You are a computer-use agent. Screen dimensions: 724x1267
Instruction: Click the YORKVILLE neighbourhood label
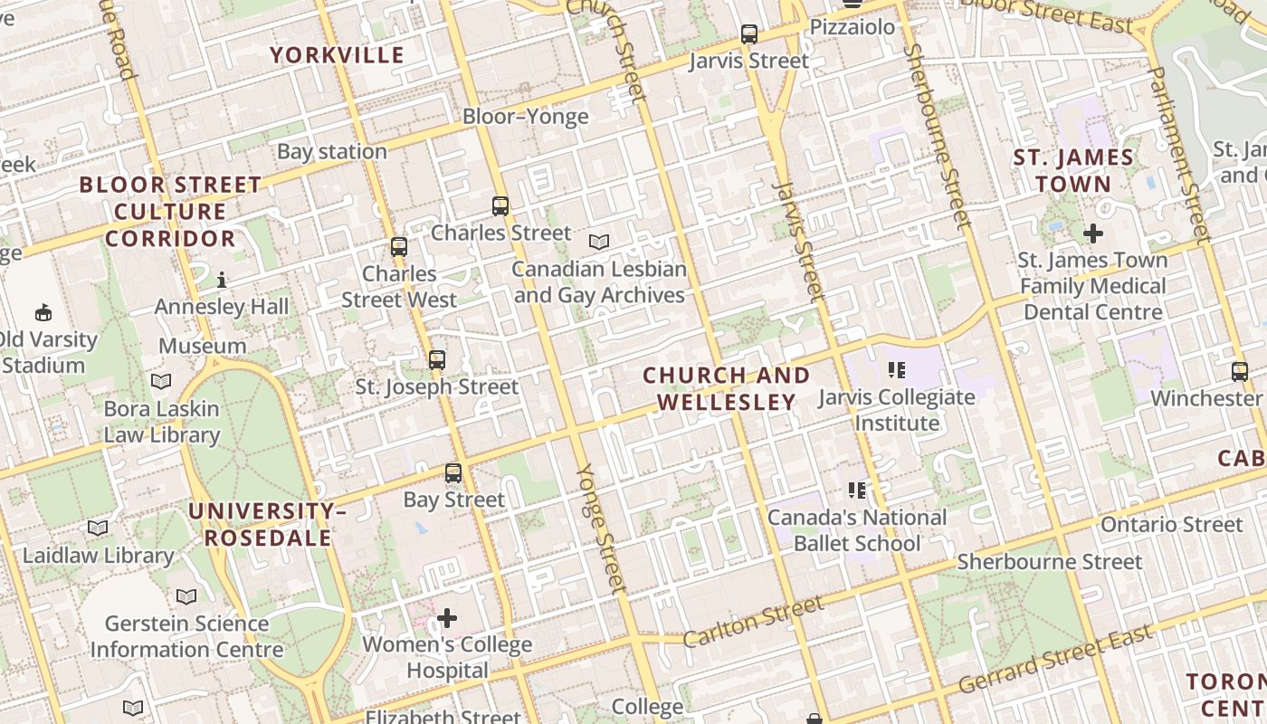click(x=337, y=55)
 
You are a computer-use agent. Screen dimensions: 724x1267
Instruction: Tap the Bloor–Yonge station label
click(x=525, y=117)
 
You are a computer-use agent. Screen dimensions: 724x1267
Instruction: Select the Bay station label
click(x=331, y=152)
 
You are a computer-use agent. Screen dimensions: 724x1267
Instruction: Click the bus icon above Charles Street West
click(x=398, y=247)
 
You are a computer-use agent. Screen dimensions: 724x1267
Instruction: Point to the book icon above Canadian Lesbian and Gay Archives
click(x=598, y=243)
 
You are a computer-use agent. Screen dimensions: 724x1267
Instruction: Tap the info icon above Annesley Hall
click(x=222, y=281)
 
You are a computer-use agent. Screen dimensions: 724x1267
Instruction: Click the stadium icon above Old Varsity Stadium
click(x=43, y=313)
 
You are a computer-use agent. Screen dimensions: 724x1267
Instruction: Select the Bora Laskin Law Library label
click(x=161, y=422)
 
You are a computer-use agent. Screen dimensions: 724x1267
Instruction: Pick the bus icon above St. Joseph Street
click(x=437, y=360)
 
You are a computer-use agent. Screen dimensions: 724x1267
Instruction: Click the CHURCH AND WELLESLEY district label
click(x=726, y=388)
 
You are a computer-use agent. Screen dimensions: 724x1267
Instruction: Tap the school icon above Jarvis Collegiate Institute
click(x=896, y=369)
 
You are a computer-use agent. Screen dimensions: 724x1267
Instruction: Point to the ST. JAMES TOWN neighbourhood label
click(x=1072, y=170)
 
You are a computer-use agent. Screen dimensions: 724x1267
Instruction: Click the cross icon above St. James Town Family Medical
click(x=1092, y=233)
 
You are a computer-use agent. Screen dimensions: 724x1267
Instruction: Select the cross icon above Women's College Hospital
click(x=447, y=618)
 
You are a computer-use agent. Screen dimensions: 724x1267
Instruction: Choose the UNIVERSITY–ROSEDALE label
click(x=267, y=525)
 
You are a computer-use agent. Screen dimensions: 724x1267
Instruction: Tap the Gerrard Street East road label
click(x=1056, y=659)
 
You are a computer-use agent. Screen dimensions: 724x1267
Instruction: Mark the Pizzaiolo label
click(x=852, y=27)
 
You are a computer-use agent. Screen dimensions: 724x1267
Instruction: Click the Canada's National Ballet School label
click(x=856, y=530)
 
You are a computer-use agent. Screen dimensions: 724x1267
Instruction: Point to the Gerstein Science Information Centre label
click(x=186, y=636)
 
